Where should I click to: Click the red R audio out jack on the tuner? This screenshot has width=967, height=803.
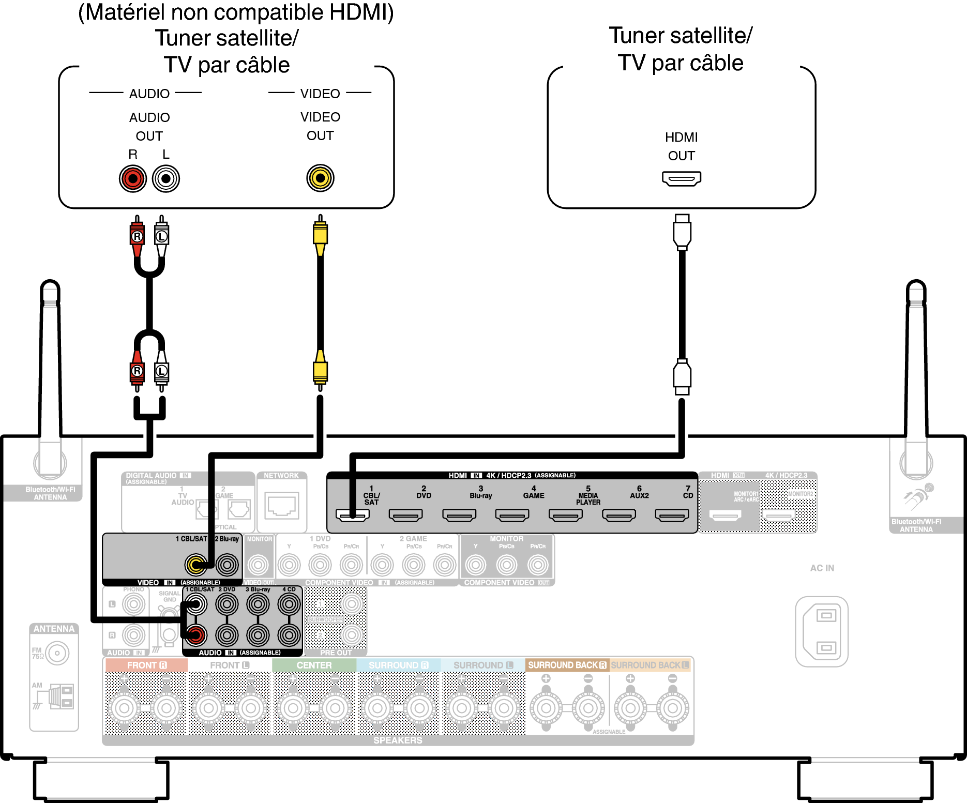(133, 179)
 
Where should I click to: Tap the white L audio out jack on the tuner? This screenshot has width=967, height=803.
(166, 179)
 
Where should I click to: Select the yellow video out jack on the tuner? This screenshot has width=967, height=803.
(320, 178)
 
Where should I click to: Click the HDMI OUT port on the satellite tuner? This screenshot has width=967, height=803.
(682, 178)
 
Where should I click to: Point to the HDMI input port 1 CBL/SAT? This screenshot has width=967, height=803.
(353, 515)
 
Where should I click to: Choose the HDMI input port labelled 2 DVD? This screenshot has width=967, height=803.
(406, 515)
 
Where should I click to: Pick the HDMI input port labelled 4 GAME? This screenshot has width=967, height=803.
(512, 515)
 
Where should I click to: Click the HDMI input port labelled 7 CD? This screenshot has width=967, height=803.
(672, 515)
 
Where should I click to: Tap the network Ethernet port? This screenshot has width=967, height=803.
(281, 505)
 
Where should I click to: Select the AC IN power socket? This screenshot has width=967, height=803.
(822, 631)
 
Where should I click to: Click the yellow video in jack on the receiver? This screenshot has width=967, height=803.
(196, 565)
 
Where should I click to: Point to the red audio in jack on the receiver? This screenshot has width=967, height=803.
(196, 635)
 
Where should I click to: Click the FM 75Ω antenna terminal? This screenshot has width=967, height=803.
(57, 654)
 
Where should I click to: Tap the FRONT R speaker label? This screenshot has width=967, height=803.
(147, 665)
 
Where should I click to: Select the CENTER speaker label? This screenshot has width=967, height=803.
(314, 665)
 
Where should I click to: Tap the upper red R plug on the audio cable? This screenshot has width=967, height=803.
(137, 236)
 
